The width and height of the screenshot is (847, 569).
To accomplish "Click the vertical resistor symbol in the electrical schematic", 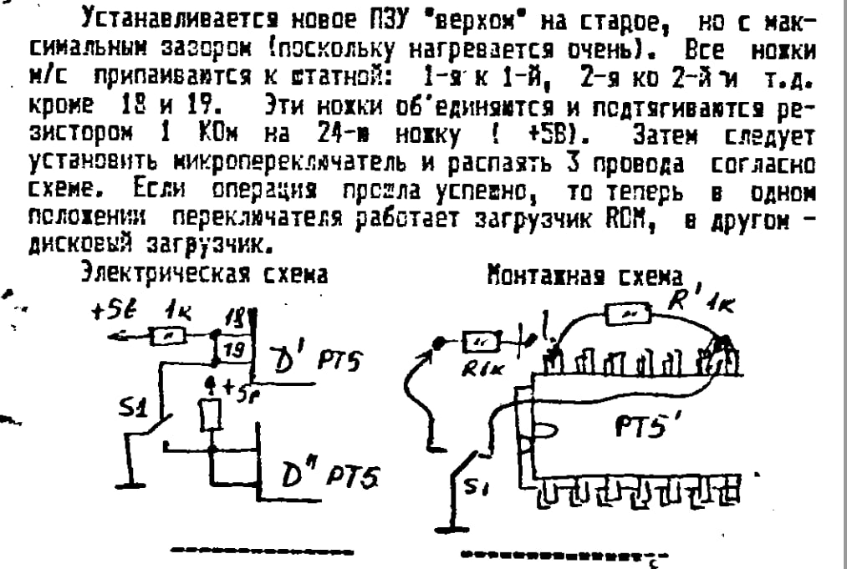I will pyautogui.click(x=210, y=414).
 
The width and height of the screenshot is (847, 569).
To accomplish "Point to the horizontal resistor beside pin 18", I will pyautogui.click(x=166, y=335).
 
